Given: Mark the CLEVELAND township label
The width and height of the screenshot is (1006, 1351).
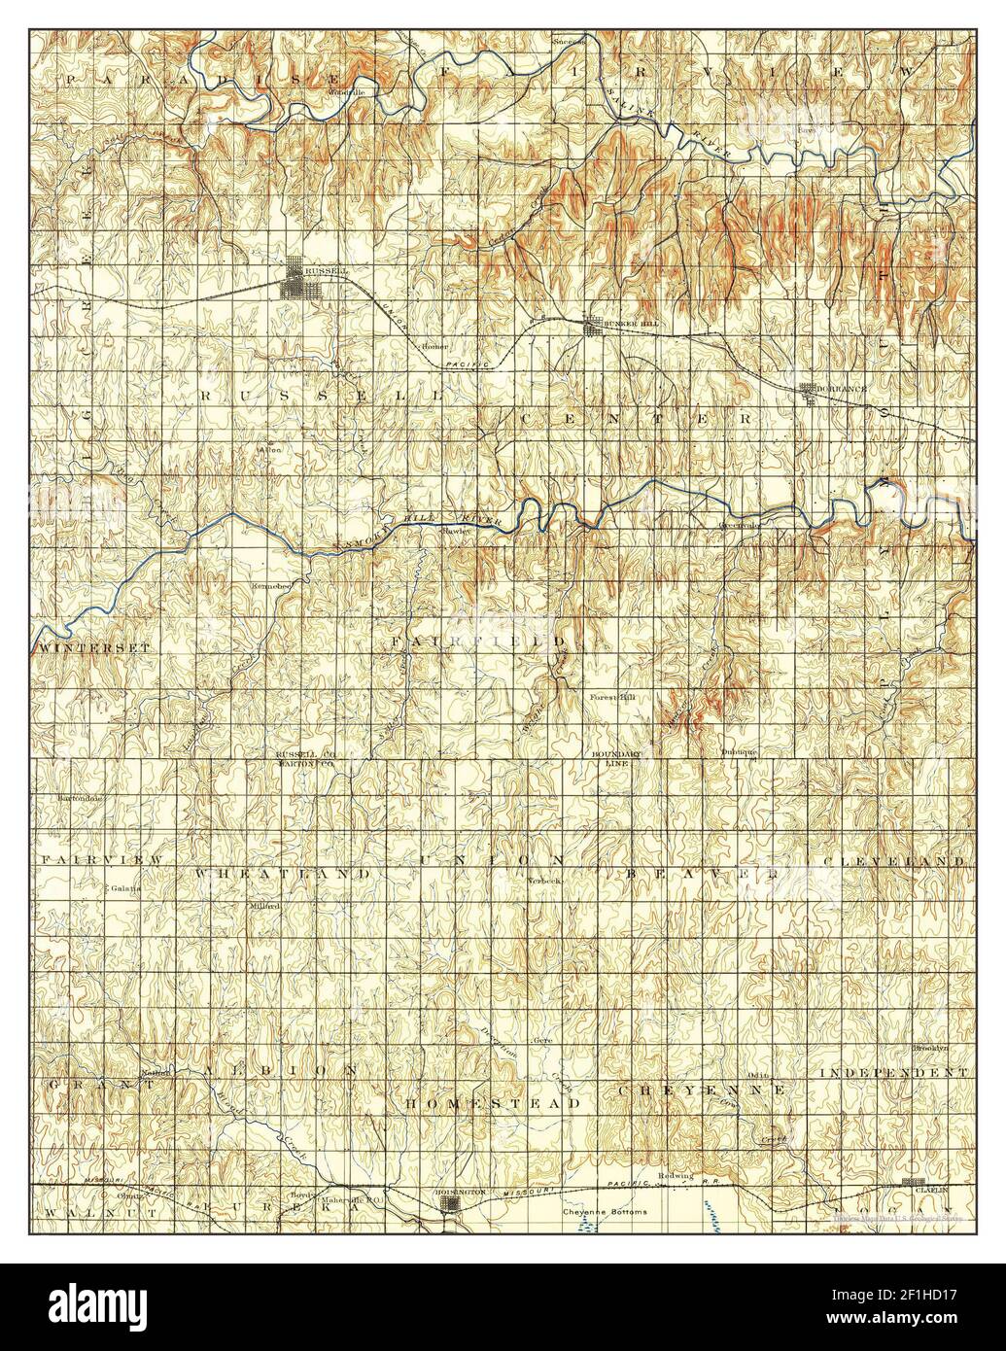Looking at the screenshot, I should pos(894,862).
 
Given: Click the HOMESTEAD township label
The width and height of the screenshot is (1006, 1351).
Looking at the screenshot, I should pos(493,1104).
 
